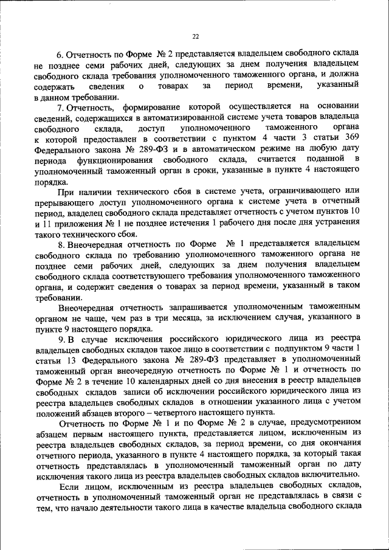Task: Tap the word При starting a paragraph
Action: [66, 191]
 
